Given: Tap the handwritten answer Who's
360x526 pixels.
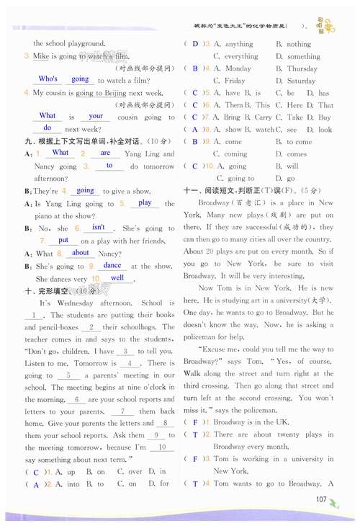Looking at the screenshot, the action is (x=48, y=79).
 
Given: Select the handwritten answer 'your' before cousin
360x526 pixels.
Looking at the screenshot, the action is (x=96, y=115).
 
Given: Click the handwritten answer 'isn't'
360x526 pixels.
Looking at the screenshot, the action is (x=99, y=227).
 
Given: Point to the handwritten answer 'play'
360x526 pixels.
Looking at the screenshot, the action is (x=145, y=202).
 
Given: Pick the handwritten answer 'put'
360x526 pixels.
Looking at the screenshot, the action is (x=63, y=240).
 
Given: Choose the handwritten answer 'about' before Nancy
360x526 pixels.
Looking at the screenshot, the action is (x=81, y=252).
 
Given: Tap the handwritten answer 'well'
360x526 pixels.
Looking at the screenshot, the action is (x=117, y=277).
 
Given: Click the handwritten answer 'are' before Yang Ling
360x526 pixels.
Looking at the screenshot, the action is (x=105, y=153).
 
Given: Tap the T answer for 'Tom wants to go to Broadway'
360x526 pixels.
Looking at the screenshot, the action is (x=194, y=484).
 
